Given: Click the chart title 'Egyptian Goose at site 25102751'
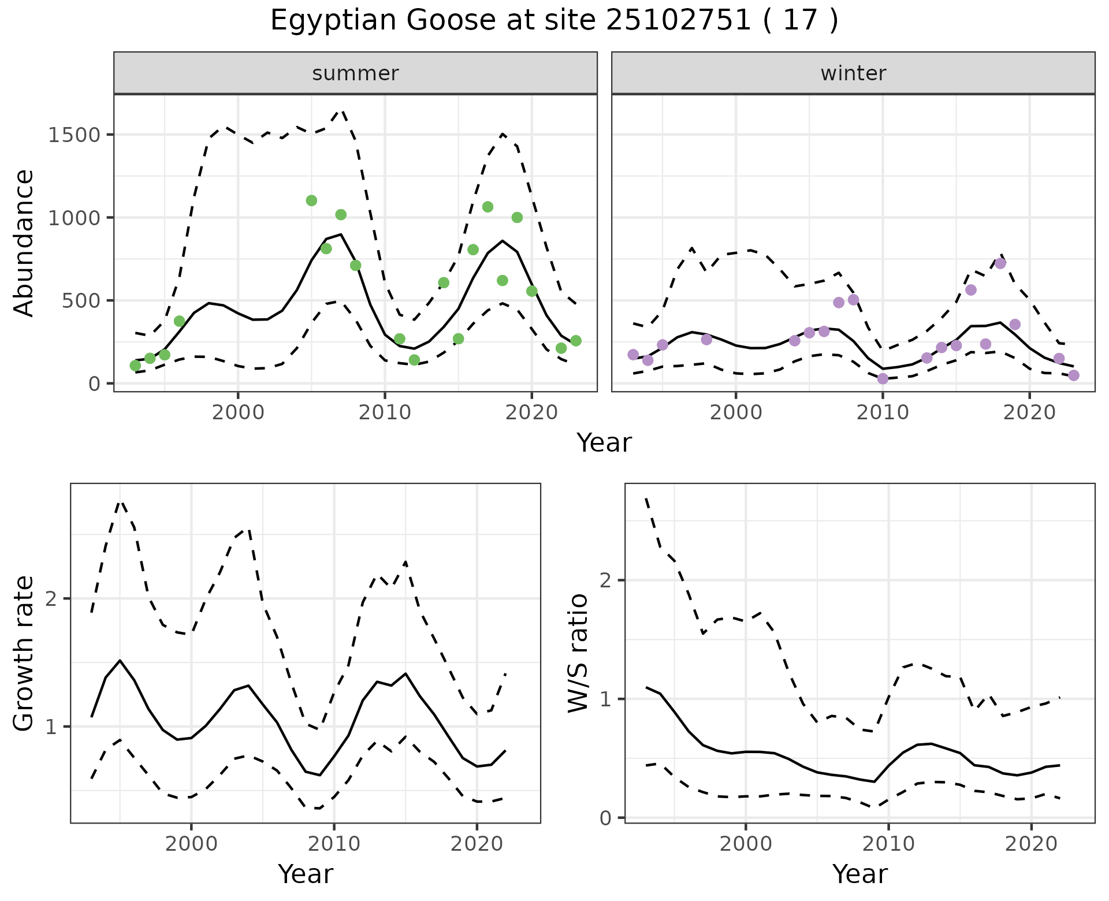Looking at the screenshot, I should (x=554, y=21).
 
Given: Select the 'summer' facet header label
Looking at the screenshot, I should (x=355, y=73).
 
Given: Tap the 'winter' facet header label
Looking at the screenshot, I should (x=853, y=73).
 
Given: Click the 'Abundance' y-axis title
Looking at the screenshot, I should (x=24, y=243).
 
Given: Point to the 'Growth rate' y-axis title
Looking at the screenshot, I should (x=24, y=653).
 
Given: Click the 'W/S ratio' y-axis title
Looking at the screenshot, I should (x=578, y=653).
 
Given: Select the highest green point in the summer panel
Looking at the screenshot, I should (x=311, y=200).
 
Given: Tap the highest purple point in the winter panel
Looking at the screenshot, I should (x=1000, y=263).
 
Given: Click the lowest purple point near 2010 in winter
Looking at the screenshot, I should (x=883, y=379).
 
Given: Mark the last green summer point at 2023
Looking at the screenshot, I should (x=576, y=341).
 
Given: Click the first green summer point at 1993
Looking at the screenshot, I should (x=135, y=366).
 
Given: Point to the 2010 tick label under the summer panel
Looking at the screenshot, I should (x=385, y=413).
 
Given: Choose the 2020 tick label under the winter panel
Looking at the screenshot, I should (x=1029, y=413).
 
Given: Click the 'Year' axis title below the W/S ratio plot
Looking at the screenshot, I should (x=859, y=874).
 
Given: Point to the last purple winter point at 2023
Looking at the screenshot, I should (x=1074, y=375).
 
